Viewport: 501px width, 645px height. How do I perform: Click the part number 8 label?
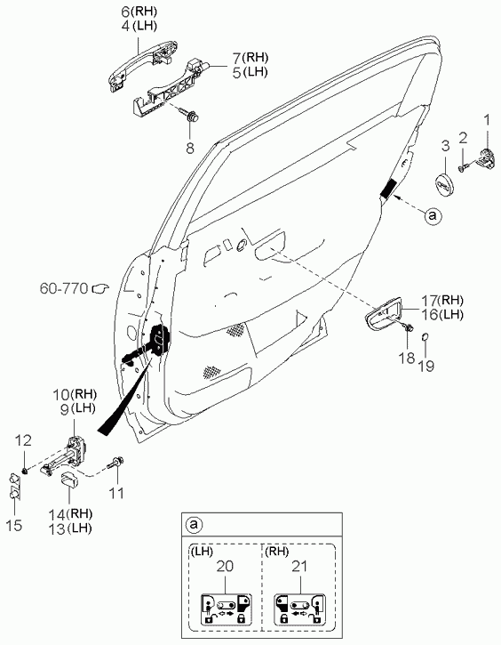pos(190,148)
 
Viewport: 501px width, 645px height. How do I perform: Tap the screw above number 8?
pos(189,114)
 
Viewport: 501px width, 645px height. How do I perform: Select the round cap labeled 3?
pos(444,185)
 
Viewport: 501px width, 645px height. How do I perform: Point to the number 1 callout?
pos(487,120)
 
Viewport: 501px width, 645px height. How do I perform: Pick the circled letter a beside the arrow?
pos(433,215)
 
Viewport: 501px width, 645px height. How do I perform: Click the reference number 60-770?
pos(64,288)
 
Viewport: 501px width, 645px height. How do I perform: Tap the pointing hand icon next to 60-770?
pos(99,289)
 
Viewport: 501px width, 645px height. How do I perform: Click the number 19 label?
pos(426,366)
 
